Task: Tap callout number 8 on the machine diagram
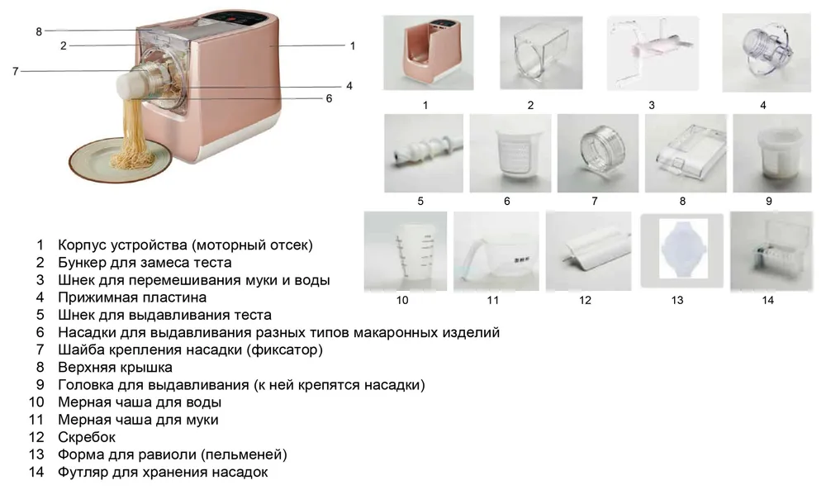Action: click(38, 31)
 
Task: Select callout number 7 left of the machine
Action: click(15, 71)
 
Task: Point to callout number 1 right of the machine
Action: click(353, 46)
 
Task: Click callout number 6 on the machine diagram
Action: click(329, 98)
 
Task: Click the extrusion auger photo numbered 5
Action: click(424, 154)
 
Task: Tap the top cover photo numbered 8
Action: click(685, 154)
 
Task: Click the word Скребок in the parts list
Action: click(87, 436)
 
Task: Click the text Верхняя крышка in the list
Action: click(115, 367)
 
